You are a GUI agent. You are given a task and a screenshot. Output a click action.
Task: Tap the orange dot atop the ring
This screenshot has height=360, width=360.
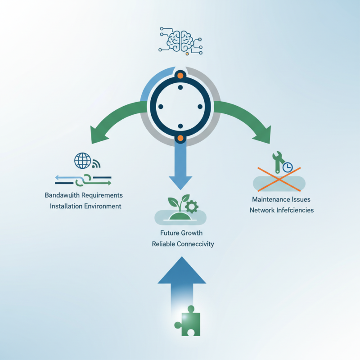(x=180, y=75)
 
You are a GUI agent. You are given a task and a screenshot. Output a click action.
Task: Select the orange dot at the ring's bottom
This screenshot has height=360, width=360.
(x=180, y=138)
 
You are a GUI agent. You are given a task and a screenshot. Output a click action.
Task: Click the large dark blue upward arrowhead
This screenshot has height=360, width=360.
(x=181, y=270)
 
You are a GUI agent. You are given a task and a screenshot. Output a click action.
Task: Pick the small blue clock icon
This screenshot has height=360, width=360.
(x=287, y=167)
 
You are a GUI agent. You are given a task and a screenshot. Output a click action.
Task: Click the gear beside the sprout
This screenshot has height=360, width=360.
(x=192, y=207)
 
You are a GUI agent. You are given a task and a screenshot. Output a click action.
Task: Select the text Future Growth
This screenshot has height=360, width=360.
(x=181, y=233)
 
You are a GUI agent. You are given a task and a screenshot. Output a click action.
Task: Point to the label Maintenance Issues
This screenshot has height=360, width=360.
(x=281, y=199)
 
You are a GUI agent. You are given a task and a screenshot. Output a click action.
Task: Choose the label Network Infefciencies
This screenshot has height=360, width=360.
(x=282, y=210)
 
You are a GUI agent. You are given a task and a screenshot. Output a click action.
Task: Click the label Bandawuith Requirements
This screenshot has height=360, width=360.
(x=84, y=196)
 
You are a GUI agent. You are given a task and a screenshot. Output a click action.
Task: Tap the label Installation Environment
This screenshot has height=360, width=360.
(x=85, y=207)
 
